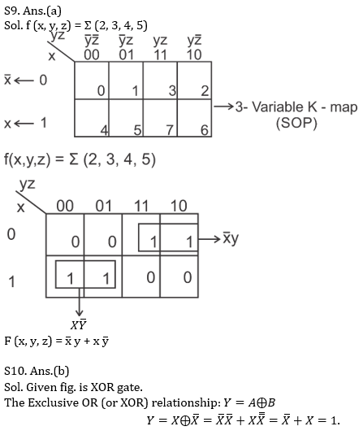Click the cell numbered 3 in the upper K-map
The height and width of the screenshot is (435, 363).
(160, 80)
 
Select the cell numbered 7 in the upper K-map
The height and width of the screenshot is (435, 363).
(160, 118)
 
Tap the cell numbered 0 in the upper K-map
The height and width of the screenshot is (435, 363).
(92, 80)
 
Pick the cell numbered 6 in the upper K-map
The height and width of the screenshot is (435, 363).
(195, 118)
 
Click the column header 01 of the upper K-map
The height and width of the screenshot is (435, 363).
(127, 54)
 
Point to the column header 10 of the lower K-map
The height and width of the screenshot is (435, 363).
(179, 207)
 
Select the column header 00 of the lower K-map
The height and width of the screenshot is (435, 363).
(65, 207)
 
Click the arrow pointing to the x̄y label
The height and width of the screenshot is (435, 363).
(210, 239)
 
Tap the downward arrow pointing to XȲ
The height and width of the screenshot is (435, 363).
(80, 302)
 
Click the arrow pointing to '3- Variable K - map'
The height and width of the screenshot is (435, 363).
(223, 107)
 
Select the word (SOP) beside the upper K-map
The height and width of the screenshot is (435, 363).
(296, 123)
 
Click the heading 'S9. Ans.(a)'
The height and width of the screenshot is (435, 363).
(32, 11)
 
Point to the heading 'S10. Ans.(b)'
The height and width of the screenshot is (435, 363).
(37, 371)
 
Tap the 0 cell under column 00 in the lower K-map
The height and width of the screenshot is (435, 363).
(76, 242)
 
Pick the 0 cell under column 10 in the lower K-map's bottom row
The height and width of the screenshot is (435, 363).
(188, 277)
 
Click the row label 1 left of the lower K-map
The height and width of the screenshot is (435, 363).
(11, 281)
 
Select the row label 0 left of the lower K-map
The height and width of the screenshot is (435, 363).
(11, 234)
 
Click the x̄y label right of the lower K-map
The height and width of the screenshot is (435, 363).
(231, 239)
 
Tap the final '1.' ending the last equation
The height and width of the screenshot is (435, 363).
(335, 421)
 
